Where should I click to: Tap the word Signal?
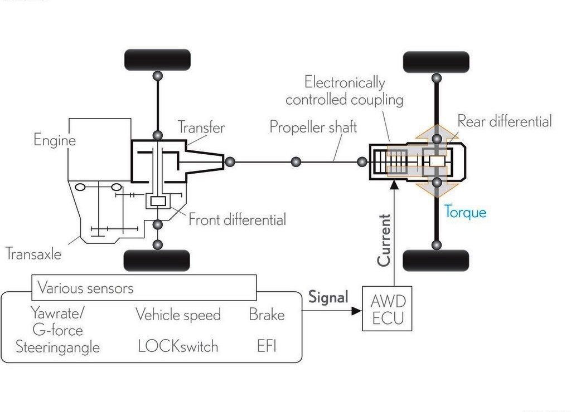tap(328, 297)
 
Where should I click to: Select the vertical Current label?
tap(384, 241)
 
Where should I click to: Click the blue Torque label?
tap(465, 212)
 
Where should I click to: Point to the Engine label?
tap(55, 140)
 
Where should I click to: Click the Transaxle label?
tap(33, 253)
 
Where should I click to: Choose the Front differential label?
tap(238, 219)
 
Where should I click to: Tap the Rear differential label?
tap(505, 121)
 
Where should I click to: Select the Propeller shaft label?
tap(313, 127)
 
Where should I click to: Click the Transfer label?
tap(201, 127)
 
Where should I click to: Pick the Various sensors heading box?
tap(144, 288)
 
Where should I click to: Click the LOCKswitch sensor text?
tap(178, 346)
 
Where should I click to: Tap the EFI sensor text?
tap(267, 346)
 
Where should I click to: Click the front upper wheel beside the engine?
tap(157, 60)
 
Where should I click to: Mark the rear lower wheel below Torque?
tap(436, 261)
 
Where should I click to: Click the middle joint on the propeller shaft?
tap(296, 162)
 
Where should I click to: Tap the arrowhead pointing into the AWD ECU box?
tap(356, 311)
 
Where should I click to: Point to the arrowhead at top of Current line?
tap(394, 185)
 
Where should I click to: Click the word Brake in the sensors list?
tap(267, 315)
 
